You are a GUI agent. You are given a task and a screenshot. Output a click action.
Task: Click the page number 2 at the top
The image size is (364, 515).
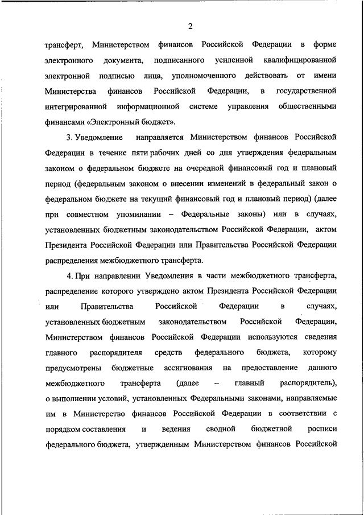click(191, 26)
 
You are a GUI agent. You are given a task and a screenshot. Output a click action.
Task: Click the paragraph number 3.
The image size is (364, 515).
click(68, 138)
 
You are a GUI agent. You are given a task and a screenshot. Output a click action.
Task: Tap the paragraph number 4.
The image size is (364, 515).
click(68, 276)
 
